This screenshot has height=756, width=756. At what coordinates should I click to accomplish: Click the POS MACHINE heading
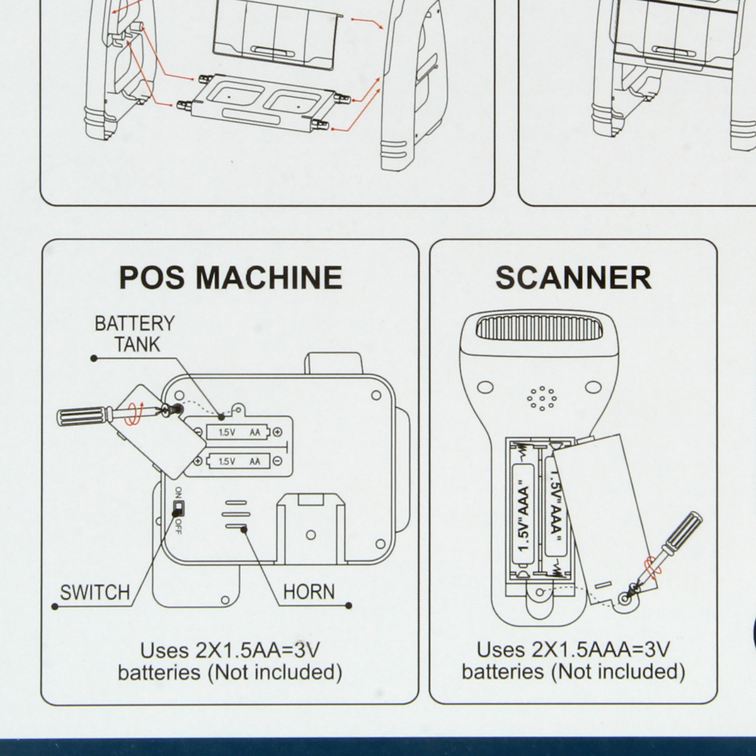pyautogui.click(x=231, y=277)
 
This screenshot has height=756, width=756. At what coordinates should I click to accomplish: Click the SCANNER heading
pyautogui.click(x=573, y=277)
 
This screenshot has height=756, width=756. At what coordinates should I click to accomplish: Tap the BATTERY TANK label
pyautogui.click(x=134, y=334)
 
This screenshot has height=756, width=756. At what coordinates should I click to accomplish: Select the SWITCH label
pyautogui.click(x=94, y=593)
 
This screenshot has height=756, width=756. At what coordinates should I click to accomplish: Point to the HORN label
pyautogui.click(x=309, y=592)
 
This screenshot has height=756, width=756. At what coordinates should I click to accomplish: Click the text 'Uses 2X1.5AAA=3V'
pyautogui.click(x=573, y=649)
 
